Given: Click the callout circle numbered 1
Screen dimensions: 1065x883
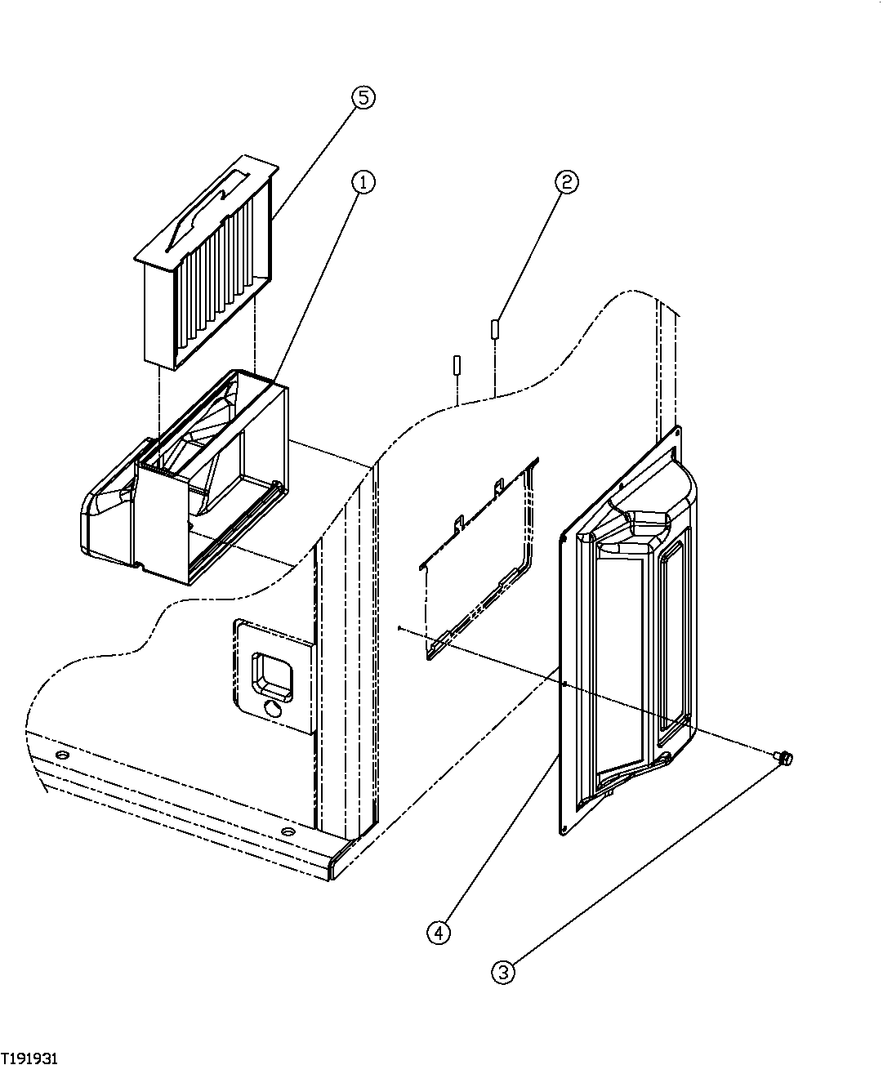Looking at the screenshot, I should pyautogui.click(x=363, y=181).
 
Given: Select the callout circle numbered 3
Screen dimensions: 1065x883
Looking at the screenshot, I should pyautogui.click(x=502, y=972).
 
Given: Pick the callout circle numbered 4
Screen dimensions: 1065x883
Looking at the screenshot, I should pyautogui.click(x=439, y=932).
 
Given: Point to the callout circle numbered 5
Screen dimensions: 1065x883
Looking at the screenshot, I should pyautogui.click(x=363, y=97).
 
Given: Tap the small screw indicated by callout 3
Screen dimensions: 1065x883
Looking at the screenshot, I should pyautogui.click(x=786, y=760).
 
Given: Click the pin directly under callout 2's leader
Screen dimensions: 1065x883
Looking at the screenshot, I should pyautogui.click(x=495, y=329).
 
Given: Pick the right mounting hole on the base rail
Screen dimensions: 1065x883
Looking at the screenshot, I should pyautogui.click(x=288, y=831).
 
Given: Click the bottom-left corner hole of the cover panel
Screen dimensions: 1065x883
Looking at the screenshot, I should pyautogui.click(x=564, y=830).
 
